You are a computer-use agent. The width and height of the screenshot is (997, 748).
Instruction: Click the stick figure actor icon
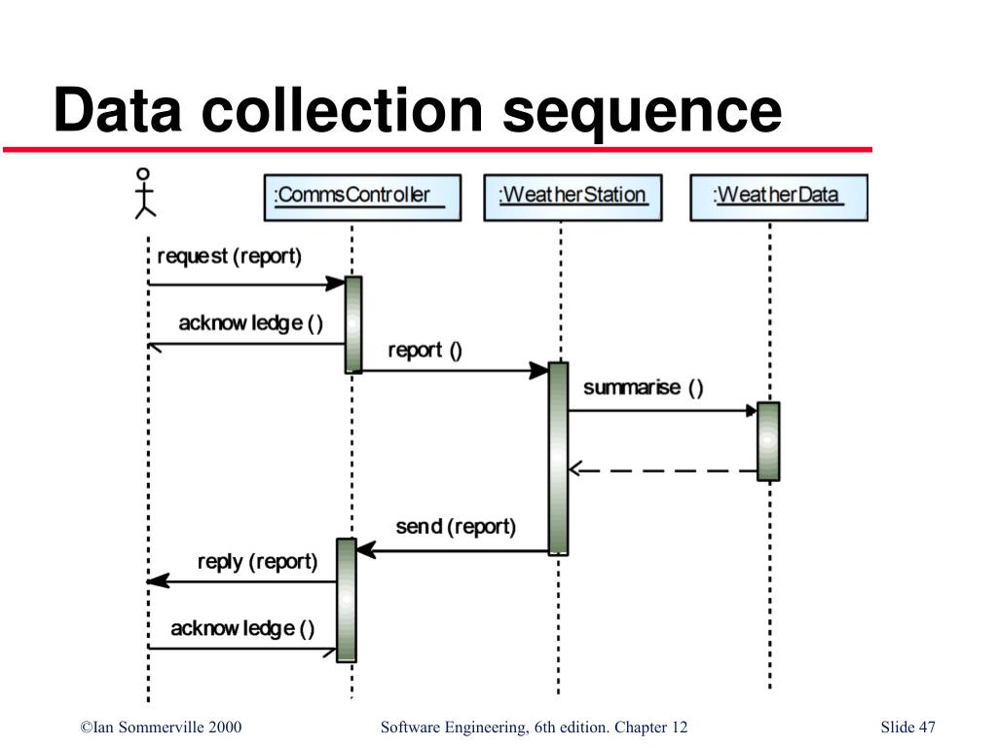point(145,192)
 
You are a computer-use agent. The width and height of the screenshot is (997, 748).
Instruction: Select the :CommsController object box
point(362,196)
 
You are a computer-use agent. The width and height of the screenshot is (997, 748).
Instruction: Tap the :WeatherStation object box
point(572,196)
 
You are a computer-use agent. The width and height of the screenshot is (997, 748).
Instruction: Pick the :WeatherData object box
point(778,196)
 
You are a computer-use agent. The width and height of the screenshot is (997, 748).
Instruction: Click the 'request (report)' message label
point(229,257)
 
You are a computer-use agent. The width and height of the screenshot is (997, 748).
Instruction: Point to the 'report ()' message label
point(425,351)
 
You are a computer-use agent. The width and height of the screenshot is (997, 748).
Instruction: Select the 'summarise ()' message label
point(643,388)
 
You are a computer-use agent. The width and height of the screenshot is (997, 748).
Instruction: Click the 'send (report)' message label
point(456,527)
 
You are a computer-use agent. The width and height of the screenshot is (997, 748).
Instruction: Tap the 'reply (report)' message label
point(257,562)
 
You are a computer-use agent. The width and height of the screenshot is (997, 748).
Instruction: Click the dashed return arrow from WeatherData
point(662,470)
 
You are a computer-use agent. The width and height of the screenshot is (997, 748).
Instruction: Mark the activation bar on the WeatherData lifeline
point(768,441)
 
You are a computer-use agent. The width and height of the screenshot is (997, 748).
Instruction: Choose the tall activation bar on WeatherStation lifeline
point(558,458)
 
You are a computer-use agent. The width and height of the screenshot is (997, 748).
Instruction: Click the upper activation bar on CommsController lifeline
point(353,324)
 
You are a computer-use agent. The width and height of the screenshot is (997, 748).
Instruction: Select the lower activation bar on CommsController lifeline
point(347,600)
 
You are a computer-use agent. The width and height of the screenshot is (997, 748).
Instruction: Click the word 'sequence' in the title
point(643,111)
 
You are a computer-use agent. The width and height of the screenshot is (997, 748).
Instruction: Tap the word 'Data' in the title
point(118,111)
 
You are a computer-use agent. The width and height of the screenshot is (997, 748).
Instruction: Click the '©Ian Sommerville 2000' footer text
point(161,728)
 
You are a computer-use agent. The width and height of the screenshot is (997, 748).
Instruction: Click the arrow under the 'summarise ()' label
point(662,410)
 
